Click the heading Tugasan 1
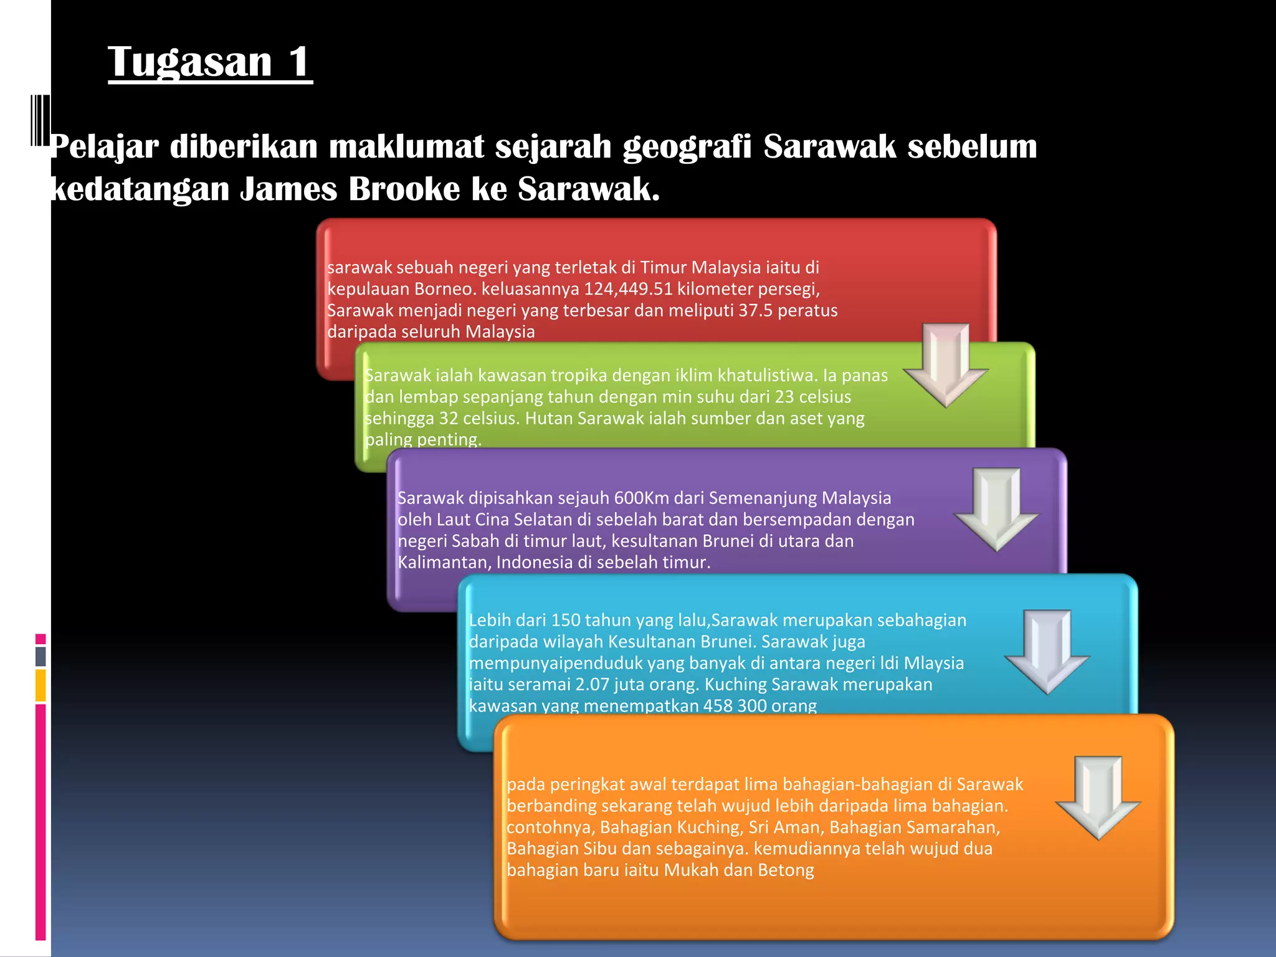pyautogui.click(x=210, y=62)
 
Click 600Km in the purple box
pyautogui.click(x=642, y=498)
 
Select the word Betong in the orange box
pyautogui.click(x=786, y=870)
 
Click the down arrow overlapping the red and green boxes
pyautogui.click(x=946, y=364)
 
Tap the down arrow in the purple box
pyautogui.click(x=996, y=508)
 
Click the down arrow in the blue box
pyautogui.click(x=1047, y=650)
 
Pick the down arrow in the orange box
pyautogui.click(x=1098, y=797)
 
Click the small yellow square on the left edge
pyautogui.click(x=40, y=685)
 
